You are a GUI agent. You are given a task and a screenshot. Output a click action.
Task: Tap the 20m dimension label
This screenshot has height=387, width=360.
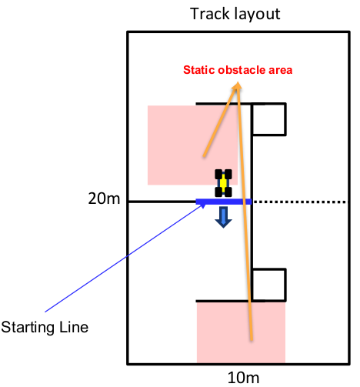104,199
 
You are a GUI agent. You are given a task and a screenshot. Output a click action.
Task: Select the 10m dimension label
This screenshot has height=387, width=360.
243,378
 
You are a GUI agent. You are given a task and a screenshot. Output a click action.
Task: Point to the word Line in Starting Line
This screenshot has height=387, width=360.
74,327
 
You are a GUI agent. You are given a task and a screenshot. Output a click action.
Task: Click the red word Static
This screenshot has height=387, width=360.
198,70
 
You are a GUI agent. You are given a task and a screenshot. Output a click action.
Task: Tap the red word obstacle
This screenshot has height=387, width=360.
242,70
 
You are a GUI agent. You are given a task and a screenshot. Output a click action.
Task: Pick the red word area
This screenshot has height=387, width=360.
281,70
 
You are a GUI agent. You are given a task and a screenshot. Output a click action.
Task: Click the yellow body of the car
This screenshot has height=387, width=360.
223,183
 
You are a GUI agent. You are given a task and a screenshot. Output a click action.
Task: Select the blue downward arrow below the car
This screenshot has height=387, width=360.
223,217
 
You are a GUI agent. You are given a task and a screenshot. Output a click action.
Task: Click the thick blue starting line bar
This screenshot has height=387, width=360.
224,202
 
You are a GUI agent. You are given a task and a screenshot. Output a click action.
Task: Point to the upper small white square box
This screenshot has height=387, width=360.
268,119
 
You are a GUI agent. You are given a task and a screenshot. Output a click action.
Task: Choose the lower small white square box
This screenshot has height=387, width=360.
268,285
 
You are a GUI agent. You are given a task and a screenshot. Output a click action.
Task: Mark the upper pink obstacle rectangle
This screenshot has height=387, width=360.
192,145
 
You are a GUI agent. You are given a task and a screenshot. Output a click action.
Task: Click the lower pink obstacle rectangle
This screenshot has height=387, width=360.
241,332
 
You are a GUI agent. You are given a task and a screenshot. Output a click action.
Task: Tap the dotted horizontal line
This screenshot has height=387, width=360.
299,202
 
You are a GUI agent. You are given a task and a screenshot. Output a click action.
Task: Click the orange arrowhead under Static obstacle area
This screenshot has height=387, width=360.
238,85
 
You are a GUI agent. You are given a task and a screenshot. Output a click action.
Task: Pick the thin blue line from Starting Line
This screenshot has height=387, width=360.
124,258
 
